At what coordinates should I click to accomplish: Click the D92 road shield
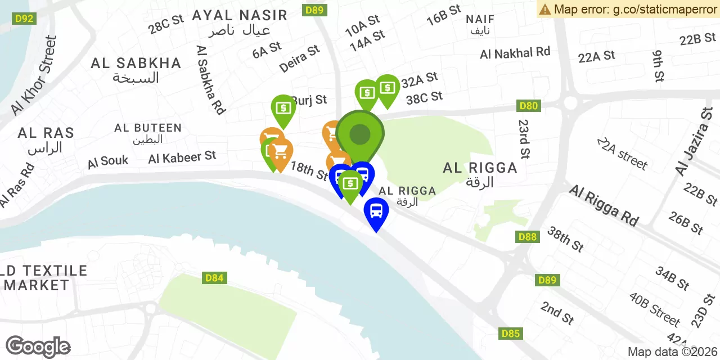(x=24, y=19)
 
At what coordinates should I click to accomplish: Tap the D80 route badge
(x=529, y=106)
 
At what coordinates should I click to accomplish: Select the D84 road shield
(x=214, y=278)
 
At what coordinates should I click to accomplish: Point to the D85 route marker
(x=510, y=334)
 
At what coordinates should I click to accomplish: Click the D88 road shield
(x=528, y=237)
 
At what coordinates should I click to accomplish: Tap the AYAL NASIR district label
(x=240, y=15)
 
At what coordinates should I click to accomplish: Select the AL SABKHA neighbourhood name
(x=136, y=63)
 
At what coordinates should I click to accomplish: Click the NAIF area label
(x=480, y=20)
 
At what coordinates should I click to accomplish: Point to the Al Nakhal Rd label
(x=515, y=53)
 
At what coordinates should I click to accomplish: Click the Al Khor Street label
(x=34, y=74)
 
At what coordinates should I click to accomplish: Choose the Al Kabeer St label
(x=182, y=157)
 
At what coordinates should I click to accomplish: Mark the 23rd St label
(x=524, y=138)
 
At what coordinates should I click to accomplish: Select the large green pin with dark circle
(x=360, y=134)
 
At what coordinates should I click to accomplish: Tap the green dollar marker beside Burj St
(x=283, y=107)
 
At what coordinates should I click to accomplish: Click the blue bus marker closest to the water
(x=376, y=212)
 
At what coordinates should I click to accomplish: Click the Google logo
(x=38, y=346)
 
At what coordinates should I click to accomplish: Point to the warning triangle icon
(x=544, y=9)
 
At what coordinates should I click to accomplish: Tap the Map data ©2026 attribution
(x=673, y=352)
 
